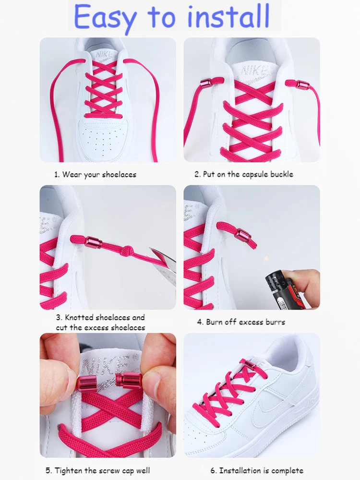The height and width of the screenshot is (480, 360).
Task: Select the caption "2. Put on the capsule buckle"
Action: pos(243,174)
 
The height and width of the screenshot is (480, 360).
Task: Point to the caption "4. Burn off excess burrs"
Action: pos(240,322)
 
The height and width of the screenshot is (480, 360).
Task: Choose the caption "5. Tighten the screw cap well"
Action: pos(97,470)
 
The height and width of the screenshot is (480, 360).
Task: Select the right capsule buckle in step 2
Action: pos(303,86)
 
